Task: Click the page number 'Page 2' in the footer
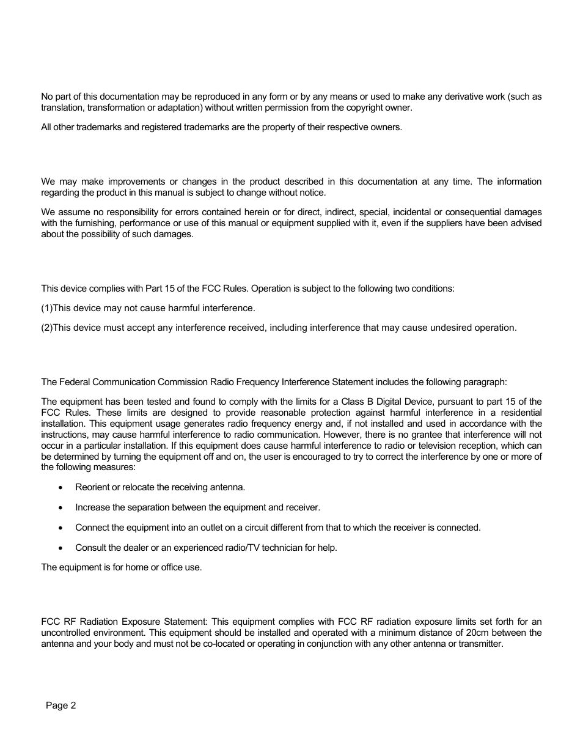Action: [61, 705]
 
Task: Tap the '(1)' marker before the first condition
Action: [46, 308]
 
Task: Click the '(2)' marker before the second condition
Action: [46, 328]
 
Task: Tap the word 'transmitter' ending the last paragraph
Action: [480, 644]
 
